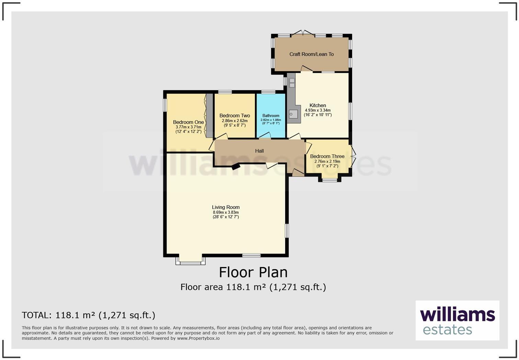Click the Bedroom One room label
(x=188, y=122)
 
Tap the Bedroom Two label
(x=234, y=116)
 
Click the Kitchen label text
(x=318, y=105)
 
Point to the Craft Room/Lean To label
(x=311, y=54)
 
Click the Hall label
(x=259, y=151)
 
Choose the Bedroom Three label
(x=327, y=156)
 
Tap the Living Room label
(x=226, y=207)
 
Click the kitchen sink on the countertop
(x=293, y=114)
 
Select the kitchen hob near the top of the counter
(x=292, y=82)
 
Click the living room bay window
(x=191, y=261)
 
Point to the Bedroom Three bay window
(x=330, y=179)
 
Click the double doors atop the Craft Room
(x=303, y=33)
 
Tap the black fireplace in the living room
(x=236, y=167)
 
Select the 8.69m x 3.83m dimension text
(x=226, y=212)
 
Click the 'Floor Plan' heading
(x=253, y=272)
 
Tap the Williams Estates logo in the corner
(x=457, y=320)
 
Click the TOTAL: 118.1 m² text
(x=89, y=315)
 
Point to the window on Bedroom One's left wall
(x=165, y=105)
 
